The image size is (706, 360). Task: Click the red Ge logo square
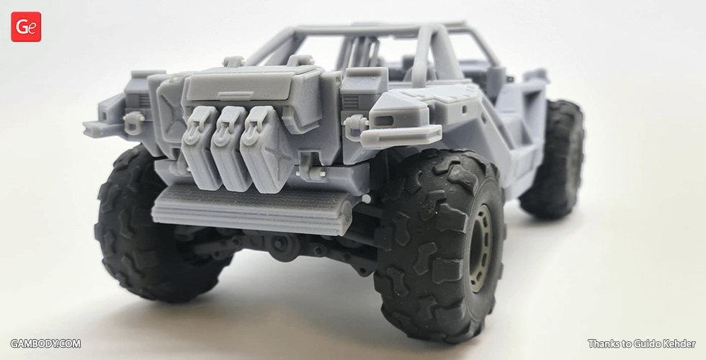pyautogui.click(x=26, y=27)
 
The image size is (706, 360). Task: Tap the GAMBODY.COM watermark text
pyautogui.click(x=45, y=344)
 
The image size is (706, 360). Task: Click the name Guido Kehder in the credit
pyautogui.click(x=667, y=344)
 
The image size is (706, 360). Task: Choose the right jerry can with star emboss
pyautogui.click(x=266, y=150)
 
